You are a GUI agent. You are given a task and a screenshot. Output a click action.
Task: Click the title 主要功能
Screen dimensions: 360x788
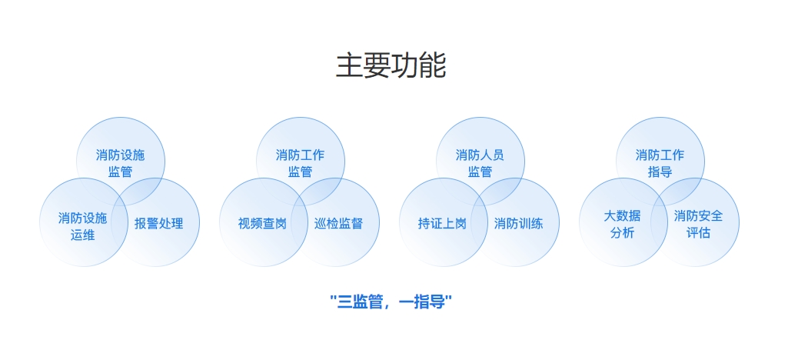tap(391, 66)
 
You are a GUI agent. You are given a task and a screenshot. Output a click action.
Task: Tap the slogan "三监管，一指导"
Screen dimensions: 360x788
tap(391, 300)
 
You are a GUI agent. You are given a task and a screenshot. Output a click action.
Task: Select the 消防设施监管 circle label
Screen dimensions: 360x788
tap(120, 163)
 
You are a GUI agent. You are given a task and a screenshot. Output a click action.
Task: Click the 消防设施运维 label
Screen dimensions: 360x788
tap(82, 226)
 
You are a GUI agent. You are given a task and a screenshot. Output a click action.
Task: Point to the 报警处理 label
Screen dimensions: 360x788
tap(158, 224)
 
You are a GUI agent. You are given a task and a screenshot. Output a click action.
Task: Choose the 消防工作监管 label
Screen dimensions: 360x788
tap(300, 163)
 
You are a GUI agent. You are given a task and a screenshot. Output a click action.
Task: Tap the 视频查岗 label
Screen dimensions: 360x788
tap(262, 224)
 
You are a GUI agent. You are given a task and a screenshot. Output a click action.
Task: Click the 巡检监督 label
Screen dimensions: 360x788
tap(338, 224)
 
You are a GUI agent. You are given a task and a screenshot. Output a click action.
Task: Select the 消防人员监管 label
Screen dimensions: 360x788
tap(480, 163)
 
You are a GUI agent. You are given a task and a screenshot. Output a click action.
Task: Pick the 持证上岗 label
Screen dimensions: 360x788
tap(442, 224)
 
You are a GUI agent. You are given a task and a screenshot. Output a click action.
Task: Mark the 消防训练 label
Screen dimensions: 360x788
tap(518, 224)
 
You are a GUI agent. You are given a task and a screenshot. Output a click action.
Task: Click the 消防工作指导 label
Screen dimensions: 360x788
tap(660, 163)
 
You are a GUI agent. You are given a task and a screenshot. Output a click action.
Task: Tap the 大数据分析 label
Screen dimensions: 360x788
tap(622, 224)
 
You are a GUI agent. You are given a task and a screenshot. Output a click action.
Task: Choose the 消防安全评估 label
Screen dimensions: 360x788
tap(698, 224)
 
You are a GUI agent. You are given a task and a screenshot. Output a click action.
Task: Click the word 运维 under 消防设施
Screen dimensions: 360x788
tap(82, 235)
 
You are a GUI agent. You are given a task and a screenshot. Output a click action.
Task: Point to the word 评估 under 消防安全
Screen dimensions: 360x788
tap(698, 232)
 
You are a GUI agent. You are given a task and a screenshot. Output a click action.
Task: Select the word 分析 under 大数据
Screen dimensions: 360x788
tap(622, 232)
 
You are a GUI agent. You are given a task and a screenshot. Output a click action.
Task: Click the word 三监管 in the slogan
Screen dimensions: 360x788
tap(360, 300)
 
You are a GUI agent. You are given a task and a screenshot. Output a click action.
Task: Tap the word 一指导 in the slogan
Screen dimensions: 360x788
tap(424, 300)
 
